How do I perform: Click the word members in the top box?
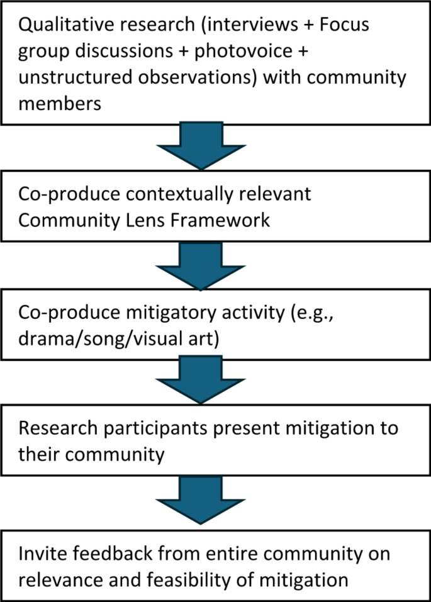point(60,104)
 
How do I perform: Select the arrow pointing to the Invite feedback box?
point(201,499)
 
